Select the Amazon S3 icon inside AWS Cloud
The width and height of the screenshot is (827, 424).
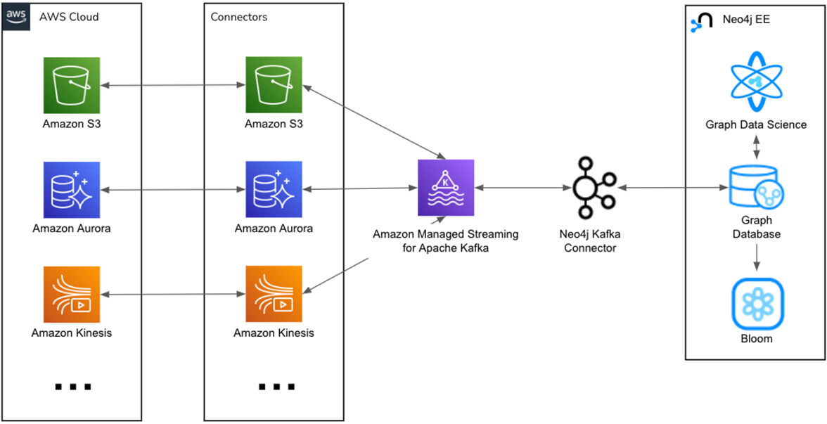pos(71,85)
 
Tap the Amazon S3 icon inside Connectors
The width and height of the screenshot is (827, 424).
pos(274,85)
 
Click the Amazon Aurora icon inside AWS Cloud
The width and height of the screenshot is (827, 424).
pos(71,189)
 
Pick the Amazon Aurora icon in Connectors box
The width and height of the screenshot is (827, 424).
pos(274,189)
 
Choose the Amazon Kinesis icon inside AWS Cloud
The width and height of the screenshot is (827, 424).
pos(71,294)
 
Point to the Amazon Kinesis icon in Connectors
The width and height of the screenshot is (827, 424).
pos(274,294)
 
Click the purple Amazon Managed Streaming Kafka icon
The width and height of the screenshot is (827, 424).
pos(446,188)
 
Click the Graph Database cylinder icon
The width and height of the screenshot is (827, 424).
pos(756,188)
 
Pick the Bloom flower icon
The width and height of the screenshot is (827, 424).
pos(756,303)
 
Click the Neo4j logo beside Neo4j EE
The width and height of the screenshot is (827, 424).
pos(700,21)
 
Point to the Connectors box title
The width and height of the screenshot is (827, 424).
pos(239,17)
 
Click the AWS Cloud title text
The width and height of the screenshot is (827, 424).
pos(69,17)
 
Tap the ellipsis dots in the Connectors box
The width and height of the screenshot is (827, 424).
pos(276,387)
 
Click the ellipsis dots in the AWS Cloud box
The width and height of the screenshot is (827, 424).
pos(73,387)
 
